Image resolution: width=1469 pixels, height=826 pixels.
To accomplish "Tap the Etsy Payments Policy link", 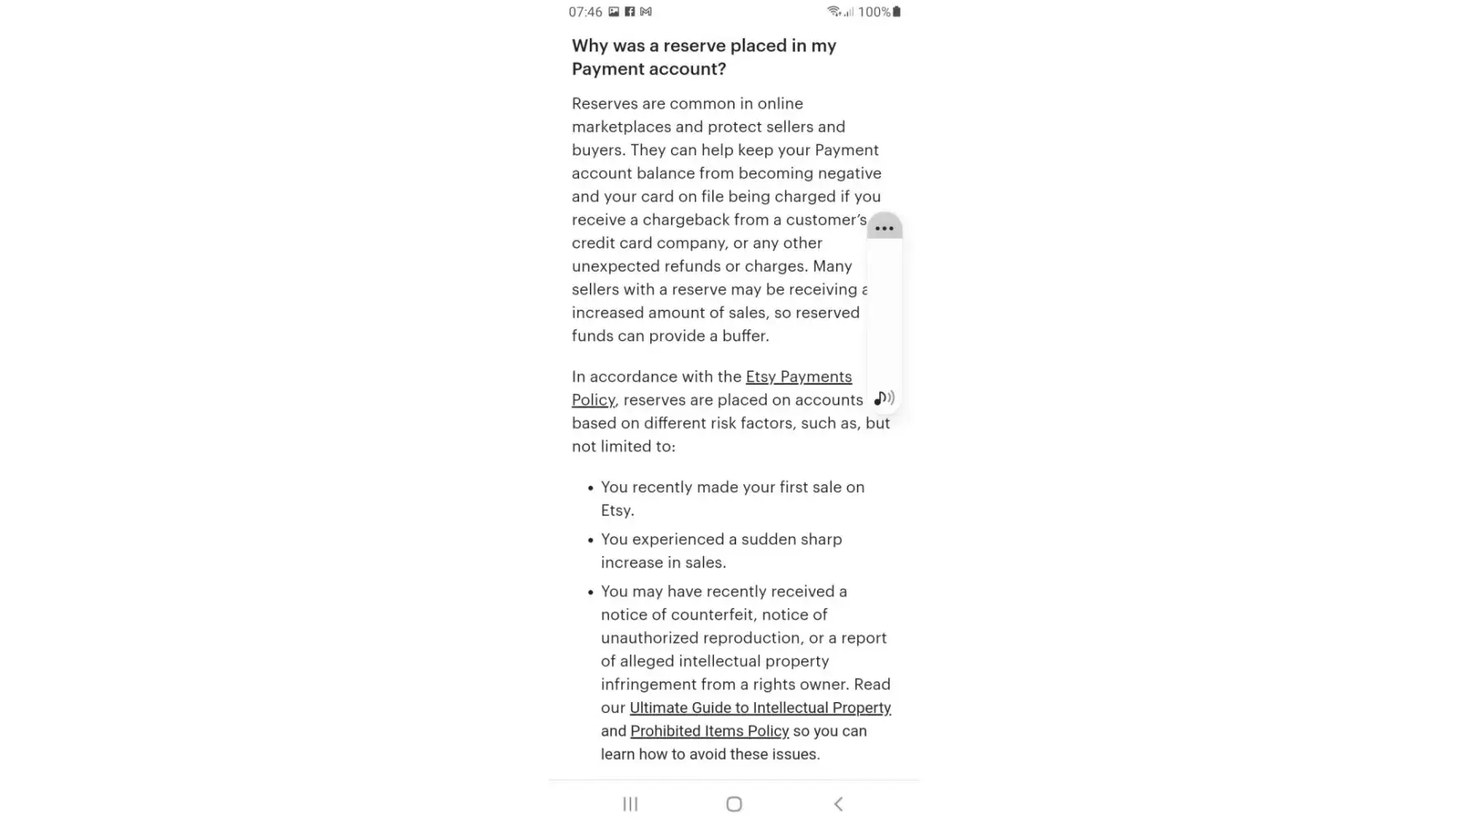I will [x=798, y=377].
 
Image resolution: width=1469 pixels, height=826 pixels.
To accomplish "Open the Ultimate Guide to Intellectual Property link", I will [x=760, y=708].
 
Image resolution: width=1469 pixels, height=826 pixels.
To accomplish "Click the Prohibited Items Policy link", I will [x=710, y=731].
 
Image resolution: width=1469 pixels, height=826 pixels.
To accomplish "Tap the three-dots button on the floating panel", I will [x=884, y=228].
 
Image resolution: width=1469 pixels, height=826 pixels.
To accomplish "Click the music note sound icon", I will [x=884, y=398].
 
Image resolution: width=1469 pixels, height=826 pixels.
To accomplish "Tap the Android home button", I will [x=734, y=804].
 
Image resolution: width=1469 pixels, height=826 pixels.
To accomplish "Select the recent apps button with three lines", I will [x=630, y=804].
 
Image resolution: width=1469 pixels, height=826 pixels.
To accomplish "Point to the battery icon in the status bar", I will [x=897, y=12].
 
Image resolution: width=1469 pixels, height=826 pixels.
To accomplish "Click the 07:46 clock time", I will [x=585, y=12].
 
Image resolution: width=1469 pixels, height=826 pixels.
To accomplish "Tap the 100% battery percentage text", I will [x=873, y=12].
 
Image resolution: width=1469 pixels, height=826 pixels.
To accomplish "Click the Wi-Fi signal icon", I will [x=834, y=12].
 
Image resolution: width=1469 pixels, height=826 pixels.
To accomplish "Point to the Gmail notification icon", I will [x=646, y=12].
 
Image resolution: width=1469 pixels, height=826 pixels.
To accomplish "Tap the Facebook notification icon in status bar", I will [x=630, y=12].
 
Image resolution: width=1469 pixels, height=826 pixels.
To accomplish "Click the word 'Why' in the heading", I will [x=590, y=46].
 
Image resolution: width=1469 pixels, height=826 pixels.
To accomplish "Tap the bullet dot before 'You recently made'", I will [x=591, y=488].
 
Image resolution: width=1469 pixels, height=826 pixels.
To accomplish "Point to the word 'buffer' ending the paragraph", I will [x=744, y=336].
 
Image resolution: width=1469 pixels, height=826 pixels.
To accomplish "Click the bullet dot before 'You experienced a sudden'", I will [x=591, y=540].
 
